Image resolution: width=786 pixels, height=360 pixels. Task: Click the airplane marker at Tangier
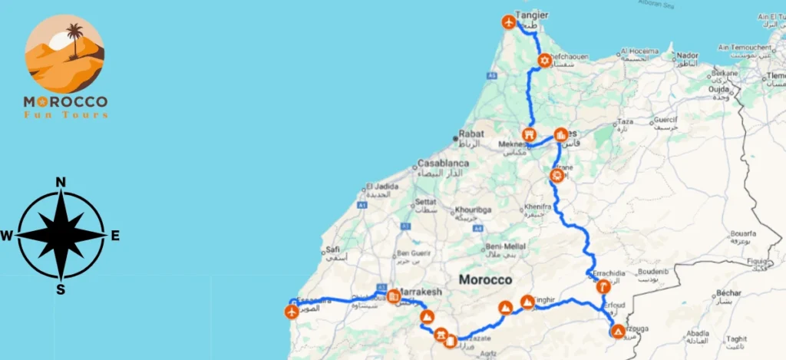[x=508, y=22]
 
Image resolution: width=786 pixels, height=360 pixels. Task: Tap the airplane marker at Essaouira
[x=291, y=312]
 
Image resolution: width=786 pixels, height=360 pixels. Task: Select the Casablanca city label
[x=443, y=163]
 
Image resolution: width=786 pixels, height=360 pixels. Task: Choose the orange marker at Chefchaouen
[x=544, y=61]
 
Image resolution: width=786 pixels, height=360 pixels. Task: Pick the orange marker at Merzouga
[x=618, y=332]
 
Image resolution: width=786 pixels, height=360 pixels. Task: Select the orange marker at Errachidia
[x=603, y=287]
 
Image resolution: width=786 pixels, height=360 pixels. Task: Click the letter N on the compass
[x=61, y=182]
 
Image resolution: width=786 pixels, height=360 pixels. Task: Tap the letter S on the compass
[x=61, y=289]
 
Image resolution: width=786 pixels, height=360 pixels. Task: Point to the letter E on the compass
[x=115, y=236]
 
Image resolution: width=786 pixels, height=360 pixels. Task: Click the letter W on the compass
[x=7, y=236]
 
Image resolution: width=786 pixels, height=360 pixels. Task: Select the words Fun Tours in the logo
[x=65, y=114]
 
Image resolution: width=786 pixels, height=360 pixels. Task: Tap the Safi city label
[x=332, y=249]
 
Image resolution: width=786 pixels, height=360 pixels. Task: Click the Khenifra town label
[x=537, y=206]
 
